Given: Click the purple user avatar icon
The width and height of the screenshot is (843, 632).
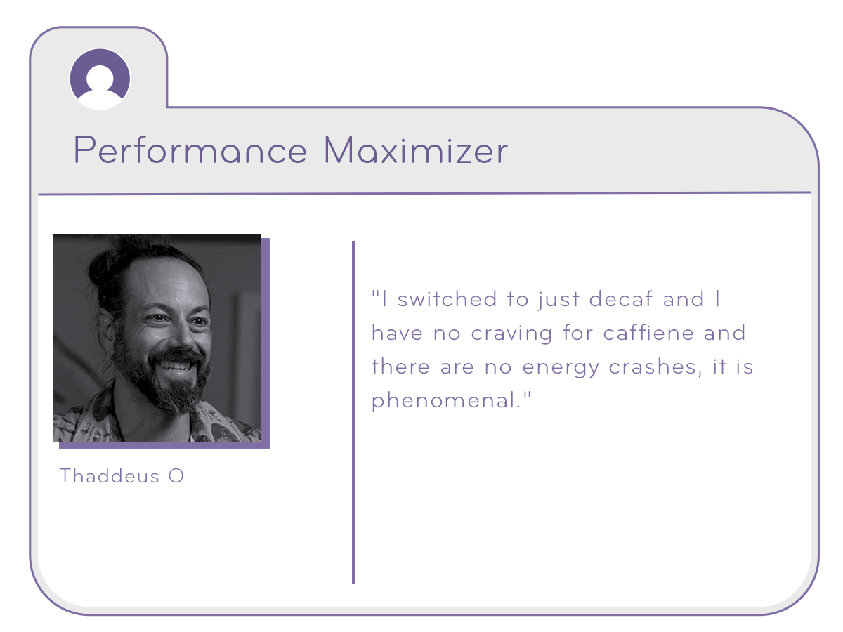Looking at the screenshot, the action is [100, 79].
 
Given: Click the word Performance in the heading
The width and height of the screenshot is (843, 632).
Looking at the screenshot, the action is [190, 150].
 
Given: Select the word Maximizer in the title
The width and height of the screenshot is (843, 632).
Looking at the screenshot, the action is [416, 150].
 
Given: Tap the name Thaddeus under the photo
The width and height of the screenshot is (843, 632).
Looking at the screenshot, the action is [110, 476].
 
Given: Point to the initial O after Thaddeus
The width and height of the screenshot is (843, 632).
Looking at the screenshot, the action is [176, 476].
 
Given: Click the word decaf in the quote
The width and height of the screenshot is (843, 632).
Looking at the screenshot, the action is [621, 298].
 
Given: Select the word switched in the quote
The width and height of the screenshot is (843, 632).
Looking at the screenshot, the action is [447, 298].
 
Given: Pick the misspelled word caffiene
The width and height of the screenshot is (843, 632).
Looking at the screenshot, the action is [648, 332].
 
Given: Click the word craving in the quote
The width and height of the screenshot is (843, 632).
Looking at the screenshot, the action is [512, 334].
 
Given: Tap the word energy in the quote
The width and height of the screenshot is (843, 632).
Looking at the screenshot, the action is [561, 367].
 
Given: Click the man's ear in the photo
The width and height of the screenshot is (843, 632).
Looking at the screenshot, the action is [105, 326].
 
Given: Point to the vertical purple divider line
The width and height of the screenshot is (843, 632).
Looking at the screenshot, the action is [354, 412].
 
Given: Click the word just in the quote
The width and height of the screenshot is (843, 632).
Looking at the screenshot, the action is [558, 300].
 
